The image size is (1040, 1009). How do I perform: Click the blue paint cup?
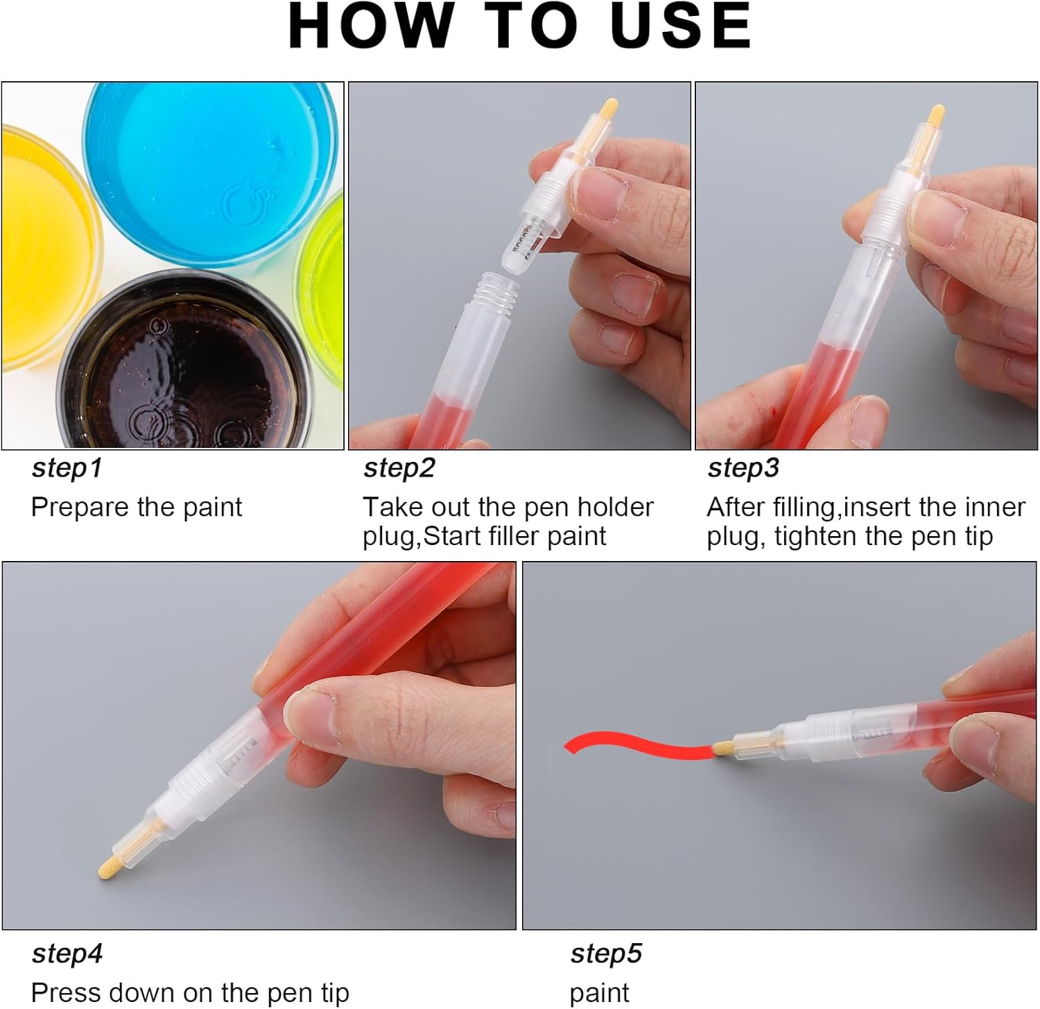(x=211, y=173)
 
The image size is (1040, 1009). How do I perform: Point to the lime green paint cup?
(x=320, y=288)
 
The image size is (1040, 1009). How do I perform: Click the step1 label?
(x=67, y=469)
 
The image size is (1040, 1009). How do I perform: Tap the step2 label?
(x=399, y=469)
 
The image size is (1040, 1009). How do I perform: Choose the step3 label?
(x=743, y=469)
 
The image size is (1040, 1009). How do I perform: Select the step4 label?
(x=67, y=954)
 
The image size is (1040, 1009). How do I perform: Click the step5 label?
(x=606, y=954)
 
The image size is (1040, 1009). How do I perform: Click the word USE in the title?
(x=681, y=26)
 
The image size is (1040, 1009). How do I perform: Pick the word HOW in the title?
(x=370, y=26)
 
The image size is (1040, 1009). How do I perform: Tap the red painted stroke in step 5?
(x=638, y=748)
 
